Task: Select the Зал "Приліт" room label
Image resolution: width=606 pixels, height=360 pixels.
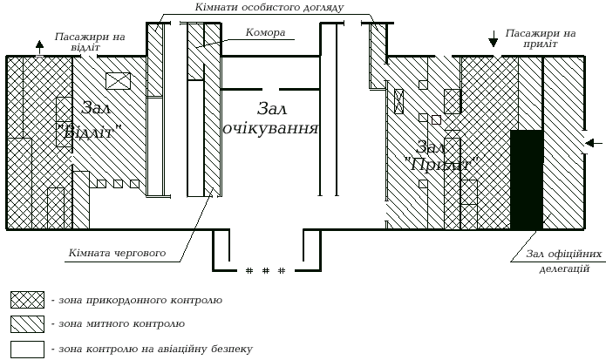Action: coord(439,153)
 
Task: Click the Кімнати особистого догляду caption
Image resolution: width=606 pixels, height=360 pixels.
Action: coord(264,7)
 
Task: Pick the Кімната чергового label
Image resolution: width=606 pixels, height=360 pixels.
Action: coord(118,254)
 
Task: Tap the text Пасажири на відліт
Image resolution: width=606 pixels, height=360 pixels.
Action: coord(90,43)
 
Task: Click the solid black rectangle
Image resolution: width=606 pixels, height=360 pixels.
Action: coord(527,180)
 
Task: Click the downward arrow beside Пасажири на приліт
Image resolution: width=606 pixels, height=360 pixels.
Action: coord(494,39)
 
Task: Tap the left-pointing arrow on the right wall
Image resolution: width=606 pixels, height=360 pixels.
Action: coord(593,143)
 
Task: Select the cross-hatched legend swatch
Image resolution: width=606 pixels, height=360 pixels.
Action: coord(27,300)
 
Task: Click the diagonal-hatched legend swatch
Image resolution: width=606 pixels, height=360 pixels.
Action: coord(27,324)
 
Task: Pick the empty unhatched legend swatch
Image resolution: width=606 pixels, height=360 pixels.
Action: coord(27,349)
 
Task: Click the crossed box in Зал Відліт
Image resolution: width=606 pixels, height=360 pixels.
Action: coord(117,81)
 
